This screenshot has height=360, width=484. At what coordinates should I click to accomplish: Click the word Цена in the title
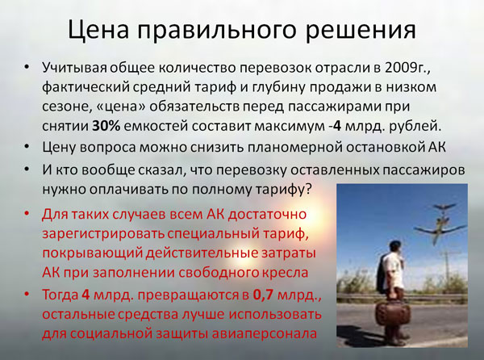(x=98, y=30)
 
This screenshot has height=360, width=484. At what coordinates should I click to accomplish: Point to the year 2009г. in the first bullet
(x=407, y=68)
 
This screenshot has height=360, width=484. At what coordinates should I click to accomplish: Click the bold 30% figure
(x=106, y=126)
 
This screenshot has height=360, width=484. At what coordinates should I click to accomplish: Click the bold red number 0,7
(x=263, y=295)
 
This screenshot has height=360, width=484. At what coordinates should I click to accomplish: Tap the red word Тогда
(x=60, y=295)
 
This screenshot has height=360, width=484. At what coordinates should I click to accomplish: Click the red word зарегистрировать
(x=103, y=234)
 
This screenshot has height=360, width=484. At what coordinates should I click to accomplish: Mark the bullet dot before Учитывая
(x=27, y=67)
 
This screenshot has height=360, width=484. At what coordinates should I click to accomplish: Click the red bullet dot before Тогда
(x=27, y=294)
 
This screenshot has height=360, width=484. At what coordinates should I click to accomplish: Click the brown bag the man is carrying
(x=393, y=314)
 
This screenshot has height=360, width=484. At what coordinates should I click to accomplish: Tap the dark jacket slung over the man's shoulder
(x=382, y=274)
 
